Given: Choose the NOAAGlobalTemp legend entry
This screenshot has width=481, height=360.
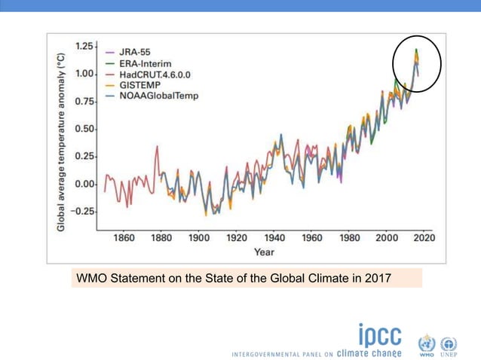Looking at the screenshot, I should pos(157,97).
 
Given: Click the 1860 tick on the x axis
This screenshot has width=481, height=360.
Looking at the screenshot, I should pos(124,238).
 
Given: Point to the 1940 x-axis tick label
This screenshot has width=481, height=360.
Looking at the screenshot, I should pos(274,238).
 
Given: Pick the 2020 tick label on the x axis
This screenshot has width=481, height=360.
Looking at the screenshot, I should pos(424,238).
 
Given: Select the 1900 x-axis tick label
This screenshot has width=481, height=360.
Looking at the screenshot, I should pos(199,238).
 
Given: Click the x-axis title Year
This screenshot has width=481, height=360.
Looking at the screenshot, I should pos(264,252).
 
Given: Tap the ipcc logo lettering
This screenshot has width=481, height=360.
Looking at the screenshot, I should pos(380,336).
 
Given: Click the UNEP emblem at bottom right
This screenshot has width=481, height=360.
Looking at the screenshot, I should pos(449,345).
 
